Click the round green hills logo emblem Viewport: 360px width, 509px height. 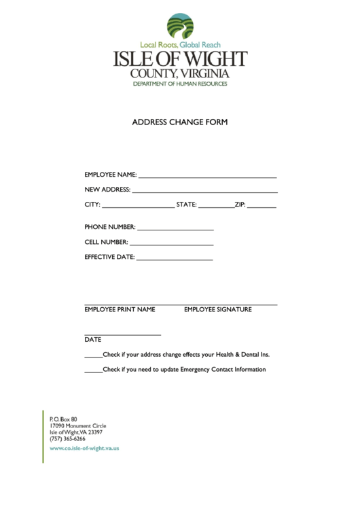180,26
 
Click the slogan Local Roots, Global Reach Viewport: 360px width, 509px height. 180,45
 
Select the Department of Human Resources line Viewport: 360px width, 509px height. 180,84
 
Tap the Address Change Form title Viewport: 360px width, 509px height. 179,122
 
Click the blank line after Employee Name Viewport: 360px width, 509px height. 207,177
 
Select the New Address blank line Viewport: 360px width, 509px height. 204,192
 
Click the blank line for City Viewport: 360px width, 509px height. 138,207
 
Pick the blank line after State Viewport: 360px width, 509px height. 216,207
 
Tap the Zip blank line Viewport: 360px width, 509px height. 262,207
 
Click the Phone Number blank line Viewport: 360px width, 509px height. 175,230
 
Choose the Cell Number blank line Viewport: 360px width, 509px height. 171,245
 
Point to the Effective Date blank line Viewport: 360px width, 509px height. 175,260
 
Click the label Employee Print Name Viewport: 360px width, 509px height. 120,310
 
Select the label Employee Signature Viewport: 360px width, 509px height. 217,310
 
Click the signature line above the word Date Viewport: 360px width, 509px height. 122,334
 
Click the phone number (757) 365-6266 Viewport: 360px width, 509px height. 67,438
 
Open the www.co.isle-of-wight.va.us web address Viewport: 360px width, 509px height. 84,449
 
